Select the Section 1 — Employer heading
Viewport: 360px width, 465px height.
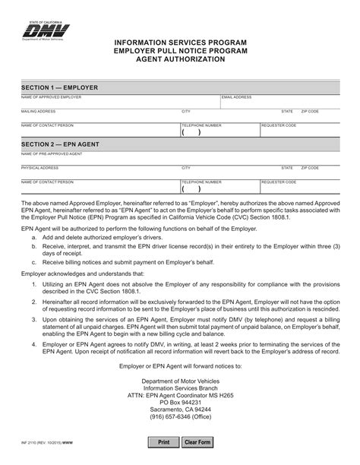tap(59, 87)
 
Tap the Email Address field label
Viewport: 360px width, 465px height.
tap(236, 98)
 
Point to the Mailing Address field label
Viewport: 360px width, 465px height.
tap(38, 111)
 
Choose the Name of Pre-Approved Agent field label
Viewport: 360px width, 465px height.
tap(52, 153)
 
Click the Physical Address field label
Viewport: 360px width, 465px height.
tap(39, 167)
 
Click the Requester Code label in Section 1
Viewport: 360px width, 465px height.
tap(278, 125)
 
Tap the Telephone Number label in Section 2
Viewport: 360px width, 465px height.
tap(201, 182)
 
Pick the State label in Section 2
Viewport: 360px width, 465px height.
tap(287, 167)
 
